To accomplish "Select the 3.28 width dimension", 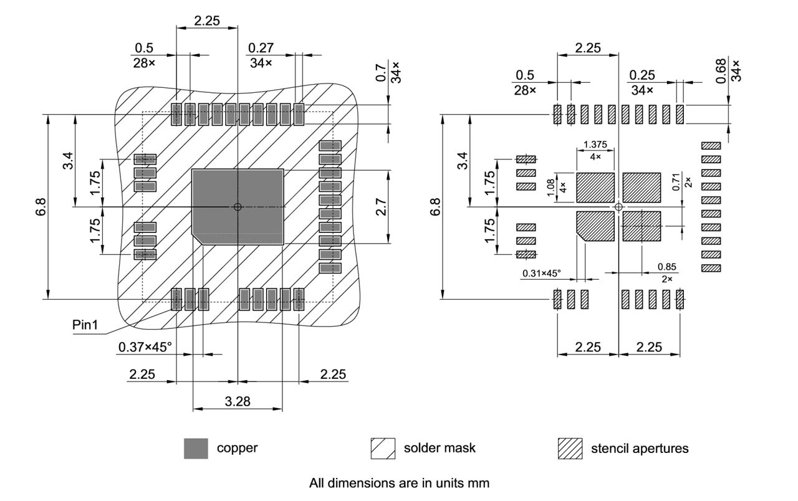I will (x=238, y=401).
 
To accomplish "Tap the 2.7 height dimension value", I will (x=382, y=207).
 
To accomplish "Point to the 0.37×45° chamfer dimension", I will (x=144, y=346).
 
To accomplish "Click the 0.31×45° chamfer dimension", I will (x=542, y=273).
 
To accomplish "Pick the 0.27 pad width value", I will (x=261, y=49).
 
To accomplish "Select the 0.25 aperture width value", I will (x=642, y=75).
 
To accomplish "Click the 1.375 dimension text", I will (x=594, y=145).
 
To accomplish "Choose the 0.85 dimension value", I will (x=666, y=267).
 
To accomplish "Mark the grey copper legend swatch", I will (x=196, y=448).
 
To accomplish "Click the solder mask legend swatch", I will (x=383, y=448).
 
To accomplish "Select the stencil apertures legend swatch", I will (x=570, y=448).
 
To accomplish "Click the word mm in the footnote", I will (x=480, y=483).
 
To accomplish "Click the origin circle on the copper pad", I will (x=238, y=207).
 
